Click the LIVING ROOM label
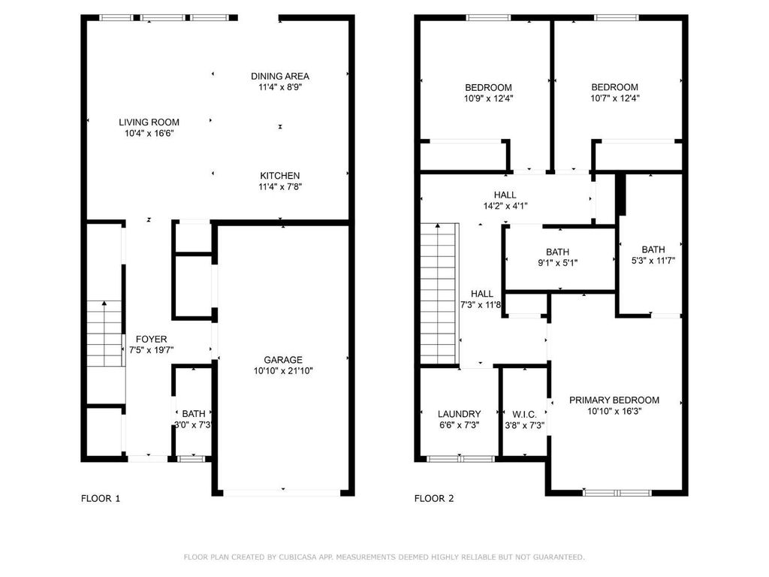pyautogui.click(x=149, y=122)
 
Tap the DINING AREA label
pyautogui.click(x=279, y=76)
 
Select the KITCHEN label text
pyautogui.click(x=279, y=176)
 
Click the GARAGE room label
pyautogui.click(x=282, y=359)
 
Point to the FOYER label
pyautogui.click(x=151, y=339)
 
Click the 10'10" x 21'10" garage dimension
pyautogui.click(x=282, y=370)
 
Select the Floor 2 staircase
pyautogui.click(x=438, y=293)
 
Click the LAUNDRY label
pyautogui.click(x=459, y=414)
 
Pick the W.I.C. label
pyautogui.click(x=523, y=414)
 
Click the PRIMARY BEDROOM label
pyautogui.click(x=614, y=400)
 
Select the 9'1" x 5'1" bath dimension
pyautogui.click(x=557, y=263)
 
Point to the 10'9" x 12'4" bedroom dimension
pyautogui.click(x=488, y=98)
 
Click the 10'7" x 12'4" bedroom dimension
pyautogui.click(x=614, y=98)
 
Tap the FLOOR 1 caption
pyautogui.click(x=100, y=498)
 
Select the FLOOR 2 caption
pyautogui.click(x=434, y=498)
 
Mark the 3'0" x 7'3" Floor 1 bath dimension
pyautogui.click(x=193, y=425)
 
